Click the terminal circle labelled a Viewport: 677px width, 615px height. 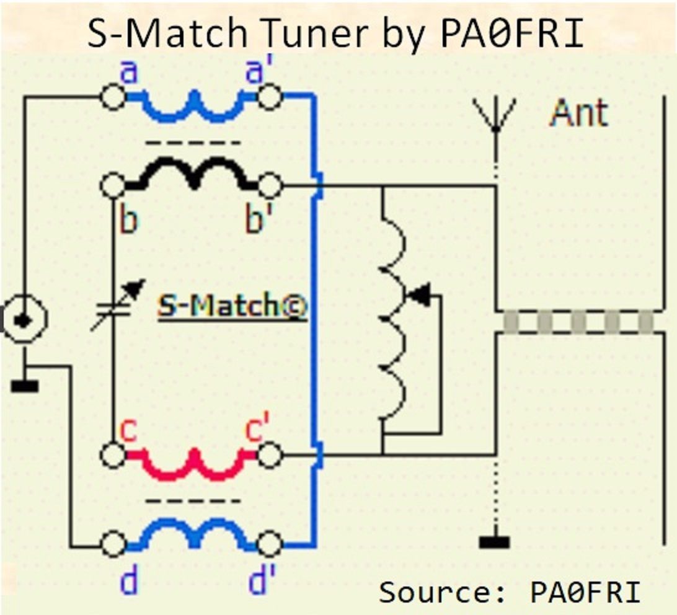pyautogui.click(x=113, y=98)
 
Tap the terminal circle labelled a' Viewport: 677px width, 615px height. pyautogui.click(x=270, y=98)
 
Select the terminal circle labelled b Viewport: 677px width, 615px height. pyautogui.click(x=113, y=185)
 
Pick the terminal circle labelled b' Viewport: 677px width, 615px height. pyautogui.click(x=270, y=185)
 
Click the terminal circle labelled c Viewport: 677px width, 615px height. pyautogui.click(x=113, y=456)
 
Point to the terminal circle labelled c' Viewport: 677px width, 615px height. pyautogui.click(x=270, y=456)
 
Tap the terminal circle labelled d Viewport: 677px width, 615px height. pyautogui.click(x=113, y=546)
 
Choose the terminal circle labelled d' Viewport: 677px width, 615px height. pyautogui.click(x=270, y=546)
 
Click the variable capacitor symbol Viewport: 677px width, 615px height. pyautogui.click(x=117, y=305)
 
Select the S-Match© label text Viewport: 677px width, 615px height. pyautogui.click(x=232, y=306)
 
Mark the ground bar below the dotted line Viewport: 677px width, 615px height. pyautogui.click(x=495, y=542)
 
